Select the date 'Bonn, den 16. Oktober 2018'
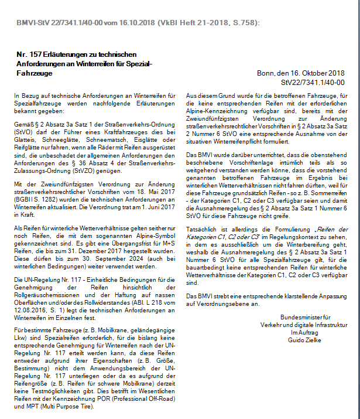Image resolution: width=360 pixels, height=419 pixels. tap(300, 73)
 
